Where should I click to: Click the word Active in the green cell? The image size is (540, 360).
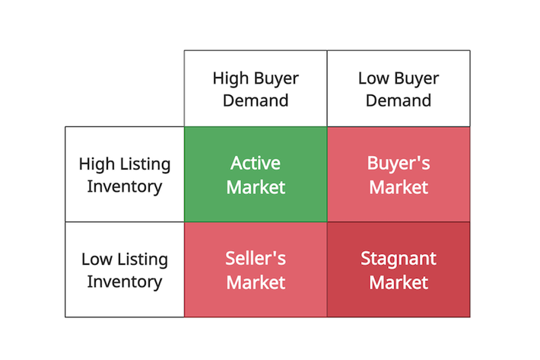(x=256, y=163)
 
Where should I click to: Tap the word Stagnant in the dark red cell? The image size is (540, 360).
(x=399, y=259)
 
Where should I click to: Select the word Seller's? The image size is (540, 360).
(x=256, y=258)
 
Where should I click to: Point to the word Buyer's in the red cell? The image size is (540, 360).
(x=399, y=164)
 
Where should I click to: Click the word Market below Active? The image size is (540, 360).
(x=256, y=187)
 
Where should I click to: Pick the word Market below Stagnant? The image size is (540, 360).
(x=399, y=283)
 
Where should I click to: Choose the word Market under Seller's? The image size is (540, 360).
(x=256, y=283)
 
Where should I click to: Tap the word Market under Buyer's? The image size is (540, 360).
(x=399, y=187)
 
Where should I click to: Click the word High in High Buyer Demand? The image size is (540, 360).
(x=230, y=79)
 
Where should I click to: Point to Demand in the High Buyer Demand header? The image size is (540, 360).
(x=256, y=100)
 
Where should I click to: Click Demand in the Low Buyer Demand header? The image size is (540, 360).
(x=399, y=100)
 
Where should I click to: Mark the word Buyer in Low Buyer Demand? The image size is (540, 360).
(x=417, y=79)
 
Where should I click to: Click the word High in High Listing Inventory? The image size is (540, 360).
(x=97, y=164)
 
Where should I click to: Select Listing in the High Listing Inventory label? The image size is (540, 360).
(x=145, y=164)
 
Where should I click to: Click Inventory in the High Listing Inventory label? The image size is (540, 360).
(x=124, y=187)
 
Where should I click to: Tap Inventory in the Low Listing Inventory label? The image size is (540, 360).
(x=124, y=282)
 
